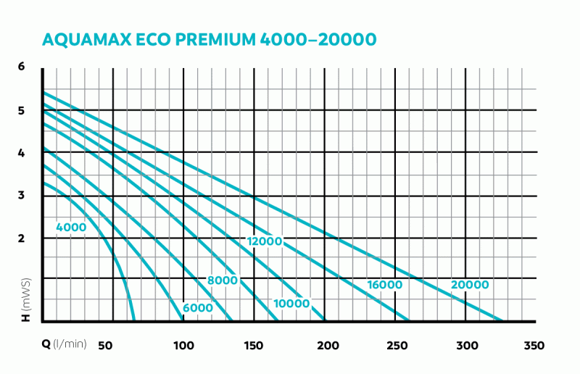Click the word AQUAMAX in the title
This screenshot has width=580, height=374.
tap(89, 39)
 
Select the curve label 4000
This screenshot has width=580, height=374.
tap(71, 228)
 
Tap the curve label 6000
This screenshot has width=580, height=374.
tap(198, 307)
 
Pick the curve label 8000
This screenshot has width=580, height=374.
tap(222, 280)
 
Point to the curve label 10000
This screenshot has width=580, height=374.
tap(292, 303)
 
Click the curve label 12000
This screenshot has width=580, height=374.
tap(264, 241)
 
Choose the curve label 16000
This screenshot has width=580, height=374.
tap(384, 285)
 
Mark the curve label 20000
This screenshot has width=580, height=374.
tap(470, 285)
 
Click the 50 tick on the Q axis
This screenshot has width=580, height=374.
tap(104, 345)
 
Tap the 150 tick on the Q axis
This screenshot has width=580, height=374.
tap(253, 345)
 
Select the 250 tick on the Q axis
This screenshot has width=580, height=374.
tap(395, 345)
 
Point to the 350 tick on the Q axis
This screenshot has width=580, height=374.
tap(534, 345)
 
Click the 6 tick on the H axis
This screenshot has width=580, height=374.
tap(22, 67)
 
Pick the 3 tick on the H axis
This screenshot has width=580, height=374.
tap(22, 195)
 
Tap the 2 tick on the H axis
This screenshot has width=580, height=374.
tap(22, 238)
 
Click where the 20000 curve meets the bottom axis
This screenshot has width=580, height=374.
tap(502, 320)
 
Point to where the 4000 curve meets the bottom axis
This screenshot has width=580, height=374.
tap(134, 320)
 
